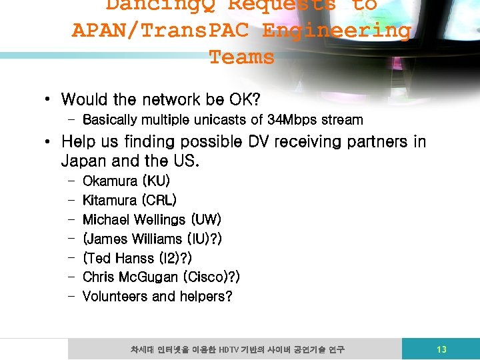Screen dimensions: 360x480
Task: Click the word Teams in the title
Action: coord(241,57)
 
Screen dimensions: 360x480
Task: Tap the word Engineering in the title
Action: coord(337,31)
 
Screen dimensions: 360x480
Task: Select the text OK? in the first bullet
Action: coord(244,100)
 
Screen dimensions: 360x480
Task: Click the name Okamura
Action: coord(110,181)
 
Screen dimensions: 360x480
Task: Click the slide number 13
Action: coord(441,349)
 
